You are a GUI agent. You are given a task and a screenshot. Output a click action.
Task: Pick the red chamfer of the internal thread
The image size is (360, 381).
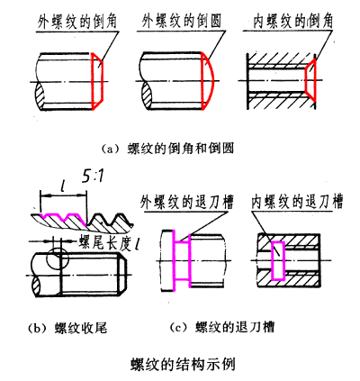(x=310, y=81)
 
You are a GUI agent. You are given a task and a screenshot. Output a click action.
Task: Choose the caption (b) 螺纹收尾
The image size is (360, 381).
(x=69, y=328)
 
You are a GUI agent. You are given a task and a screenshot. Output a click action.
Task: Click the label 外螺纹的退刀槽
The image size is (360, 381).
(x=186, y=200)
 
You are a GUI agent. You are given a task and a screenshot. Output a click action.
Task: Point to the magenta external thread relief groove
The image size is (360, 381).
(x=183, y=259)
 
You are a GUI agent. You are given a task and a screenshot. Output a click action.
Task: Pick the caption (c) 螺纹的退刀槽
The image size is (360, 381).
(x=215, y=328)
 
